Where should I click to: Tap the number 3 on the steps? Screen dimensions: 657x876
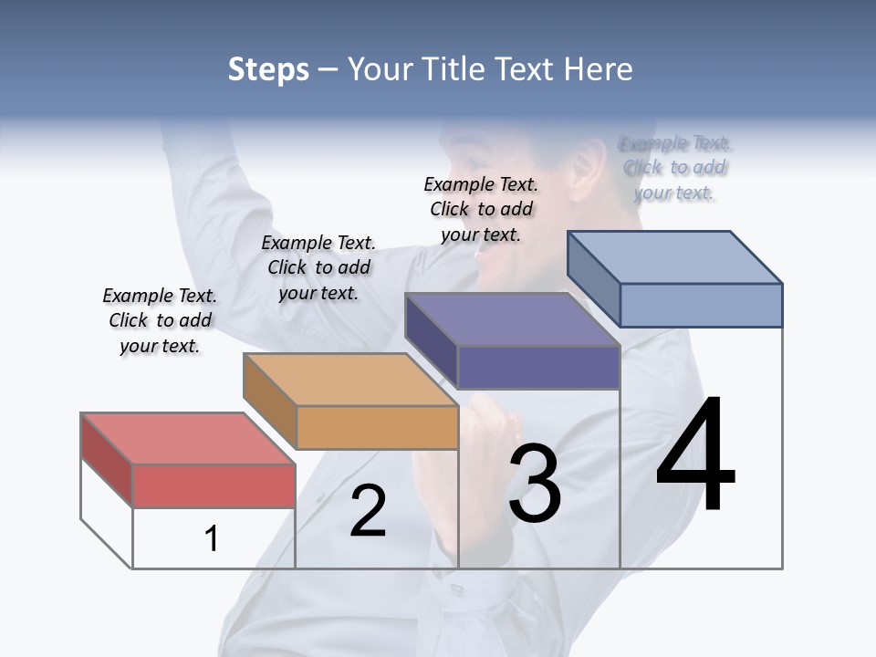535,484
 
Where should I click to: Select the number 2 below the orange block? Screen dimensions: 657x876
368,512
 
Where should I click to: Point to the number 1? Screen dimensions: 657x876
211,539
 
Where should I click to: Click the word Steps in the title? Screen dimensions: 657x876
267,68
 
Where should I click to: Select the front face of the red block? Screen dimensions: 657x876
214,485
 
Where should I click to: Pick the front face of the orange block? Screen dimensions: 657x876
377,427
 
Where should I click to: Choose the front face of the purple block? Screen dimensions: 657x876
538,367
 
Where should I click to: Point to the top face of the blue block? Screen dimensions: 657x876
675,256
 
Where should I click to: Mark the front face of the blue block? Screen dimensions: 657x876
701,305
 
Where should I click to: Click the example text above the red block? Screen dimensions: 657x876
160,320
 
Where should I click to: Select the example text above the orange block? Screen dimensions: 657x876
318,267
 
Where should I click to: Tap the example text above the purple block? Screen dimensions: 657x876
481,209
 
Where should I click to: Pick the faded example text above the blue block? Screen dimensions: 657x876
674,168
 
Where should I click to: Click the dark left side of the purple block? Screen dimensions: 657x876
431,339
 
